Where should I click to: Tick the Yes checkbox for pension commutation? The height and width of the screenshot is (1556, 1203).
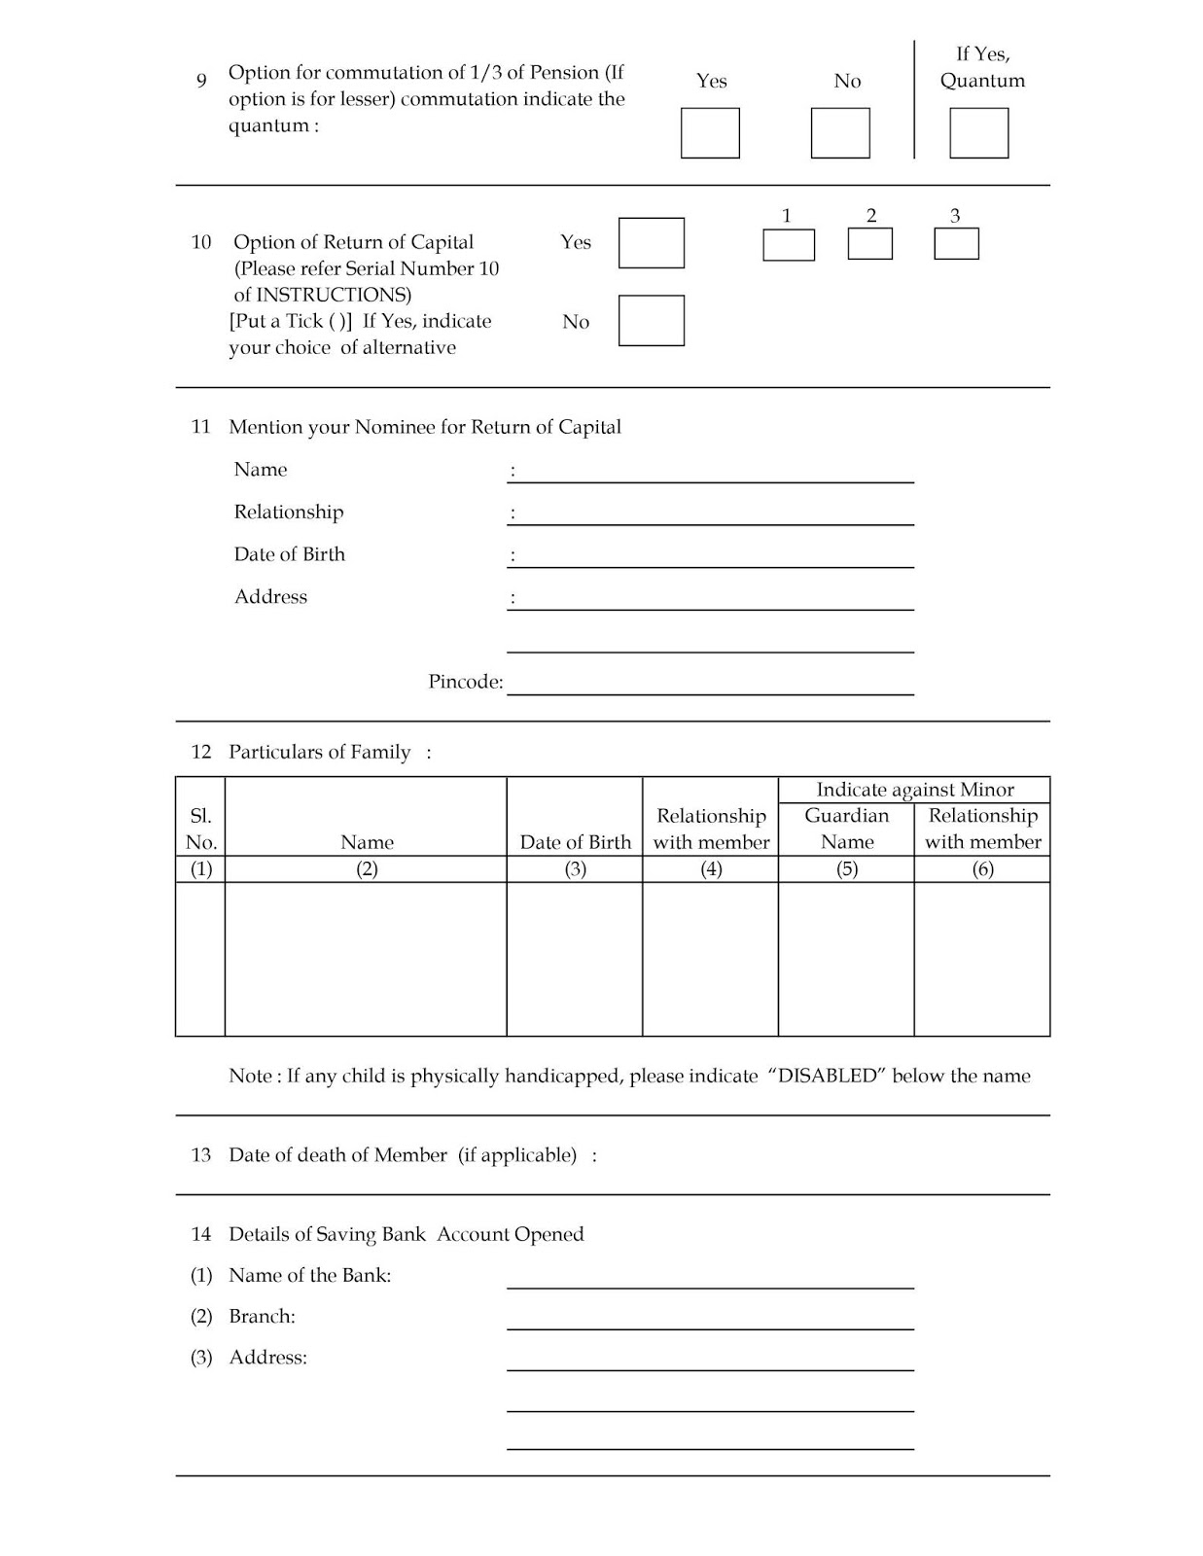coord(710,133)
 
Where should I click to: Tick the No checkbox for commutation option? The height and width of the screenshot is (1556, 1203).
coord(840,133)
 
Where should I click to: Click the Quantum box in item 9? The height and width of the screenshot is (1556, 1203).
coord(978,133)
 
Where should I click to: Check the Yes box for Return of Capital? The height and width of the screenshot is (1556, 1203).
coord(652,243)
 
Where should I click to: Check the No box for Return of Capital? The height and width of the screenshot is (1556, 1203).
coord(652,321)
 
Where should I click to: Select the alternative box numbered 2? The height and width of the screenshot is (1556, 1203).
coord(869,244)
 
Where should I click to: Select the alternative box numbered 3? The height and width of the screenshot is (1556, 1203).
coord(956,244)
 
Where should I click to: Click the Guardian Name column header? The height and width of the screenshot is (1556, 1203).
coord(846,829)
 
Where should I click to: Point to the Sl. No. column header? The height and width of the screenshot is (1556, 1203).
coord(200,829)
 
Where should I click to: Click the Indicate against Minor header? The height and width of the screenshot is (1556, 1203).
coord(914,790)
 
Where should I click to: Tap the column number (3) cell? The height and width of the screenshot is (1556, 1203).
coord(575,869)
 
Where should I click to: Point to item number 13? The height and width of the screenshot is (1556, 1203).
coord(201,1155)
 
